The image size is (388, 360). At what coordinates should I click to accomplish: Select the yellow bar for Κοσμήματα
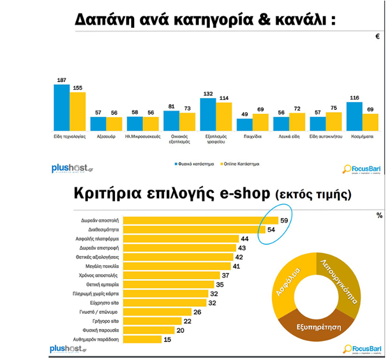(x=370, y=122)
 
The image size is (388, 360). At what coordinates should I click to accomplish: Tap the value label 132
(x=208, y=93)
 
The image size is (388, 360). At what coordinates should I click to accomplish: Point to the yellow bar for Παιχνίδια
(x=260, y=122)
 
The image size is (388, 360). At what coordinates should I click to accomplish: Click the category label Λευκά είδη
(x=289, y=137)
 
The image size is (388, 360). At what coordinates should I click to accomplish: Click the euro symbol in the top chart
(x=378, y=36)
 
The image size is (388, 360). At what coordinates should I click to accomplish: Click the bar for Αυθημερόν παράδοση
(x=143, y=340)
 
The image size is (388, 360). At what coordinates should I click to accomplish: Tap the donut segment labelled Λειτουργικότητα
(x=341, y=281)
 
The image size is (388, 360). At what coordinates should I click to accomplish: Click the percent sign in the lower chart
(x=379, y=216)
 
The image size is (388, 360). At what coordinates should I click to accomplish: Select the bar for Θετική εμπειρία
(x=168, y=284)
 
